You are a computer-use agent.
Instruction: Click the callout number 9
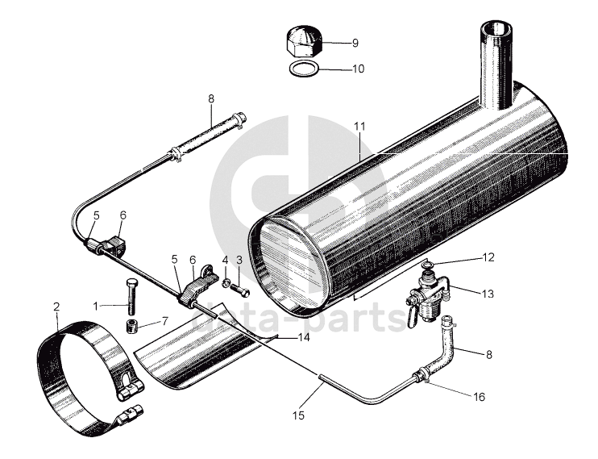pos(355,43)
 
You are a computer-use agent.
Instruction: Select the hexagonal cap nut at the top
pos(303,40)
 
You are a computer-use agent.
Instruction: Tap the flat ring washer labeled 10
pos(303,68)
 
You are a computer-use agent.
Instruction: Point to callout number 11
pos(359,126)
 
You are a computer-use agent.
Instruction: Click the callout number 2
pos(56,307)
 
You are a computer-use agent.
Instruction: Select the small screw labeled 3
pos(244,286)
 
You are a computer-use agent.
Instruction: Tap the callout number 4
pos(226,261)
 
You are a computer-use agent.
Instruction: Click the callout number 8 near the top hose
pos(211,99)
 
